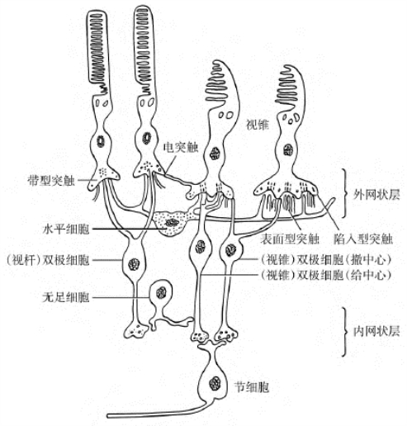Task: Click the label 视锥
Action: (258, 125)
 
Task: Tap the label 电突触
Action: (181, 148)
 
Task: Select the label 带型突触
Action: (51, 181)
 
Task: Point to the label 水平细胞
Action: (66, 229)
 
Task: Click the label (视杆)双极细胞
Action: (48, 260)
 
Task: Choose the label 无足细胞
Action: (66, 297)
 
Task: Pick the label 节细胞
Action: (251, 387)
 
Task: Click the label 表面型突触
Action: (290, 239)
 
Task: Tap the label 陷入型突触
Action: (363, 239)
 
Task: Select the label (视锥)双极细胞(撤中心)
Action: (325, 259)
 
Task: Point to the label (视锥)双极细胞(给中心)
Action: (325, 275)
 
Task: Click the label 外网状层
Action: (376, 195)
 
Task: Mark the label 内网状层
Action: (376, 331)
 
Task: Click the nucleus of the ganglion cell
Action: (215, 383)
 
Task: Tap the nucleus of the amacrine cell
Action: (161, 293)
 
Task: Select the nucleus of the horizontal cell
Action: (173, 222)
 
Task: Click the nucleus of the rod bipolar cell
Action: (134, 263)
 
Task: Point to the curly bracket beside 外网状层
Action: (343, 192)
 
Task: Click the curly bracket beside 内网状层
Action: (343, 332)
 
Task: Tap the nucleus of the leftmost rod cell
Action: (101, 141)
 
